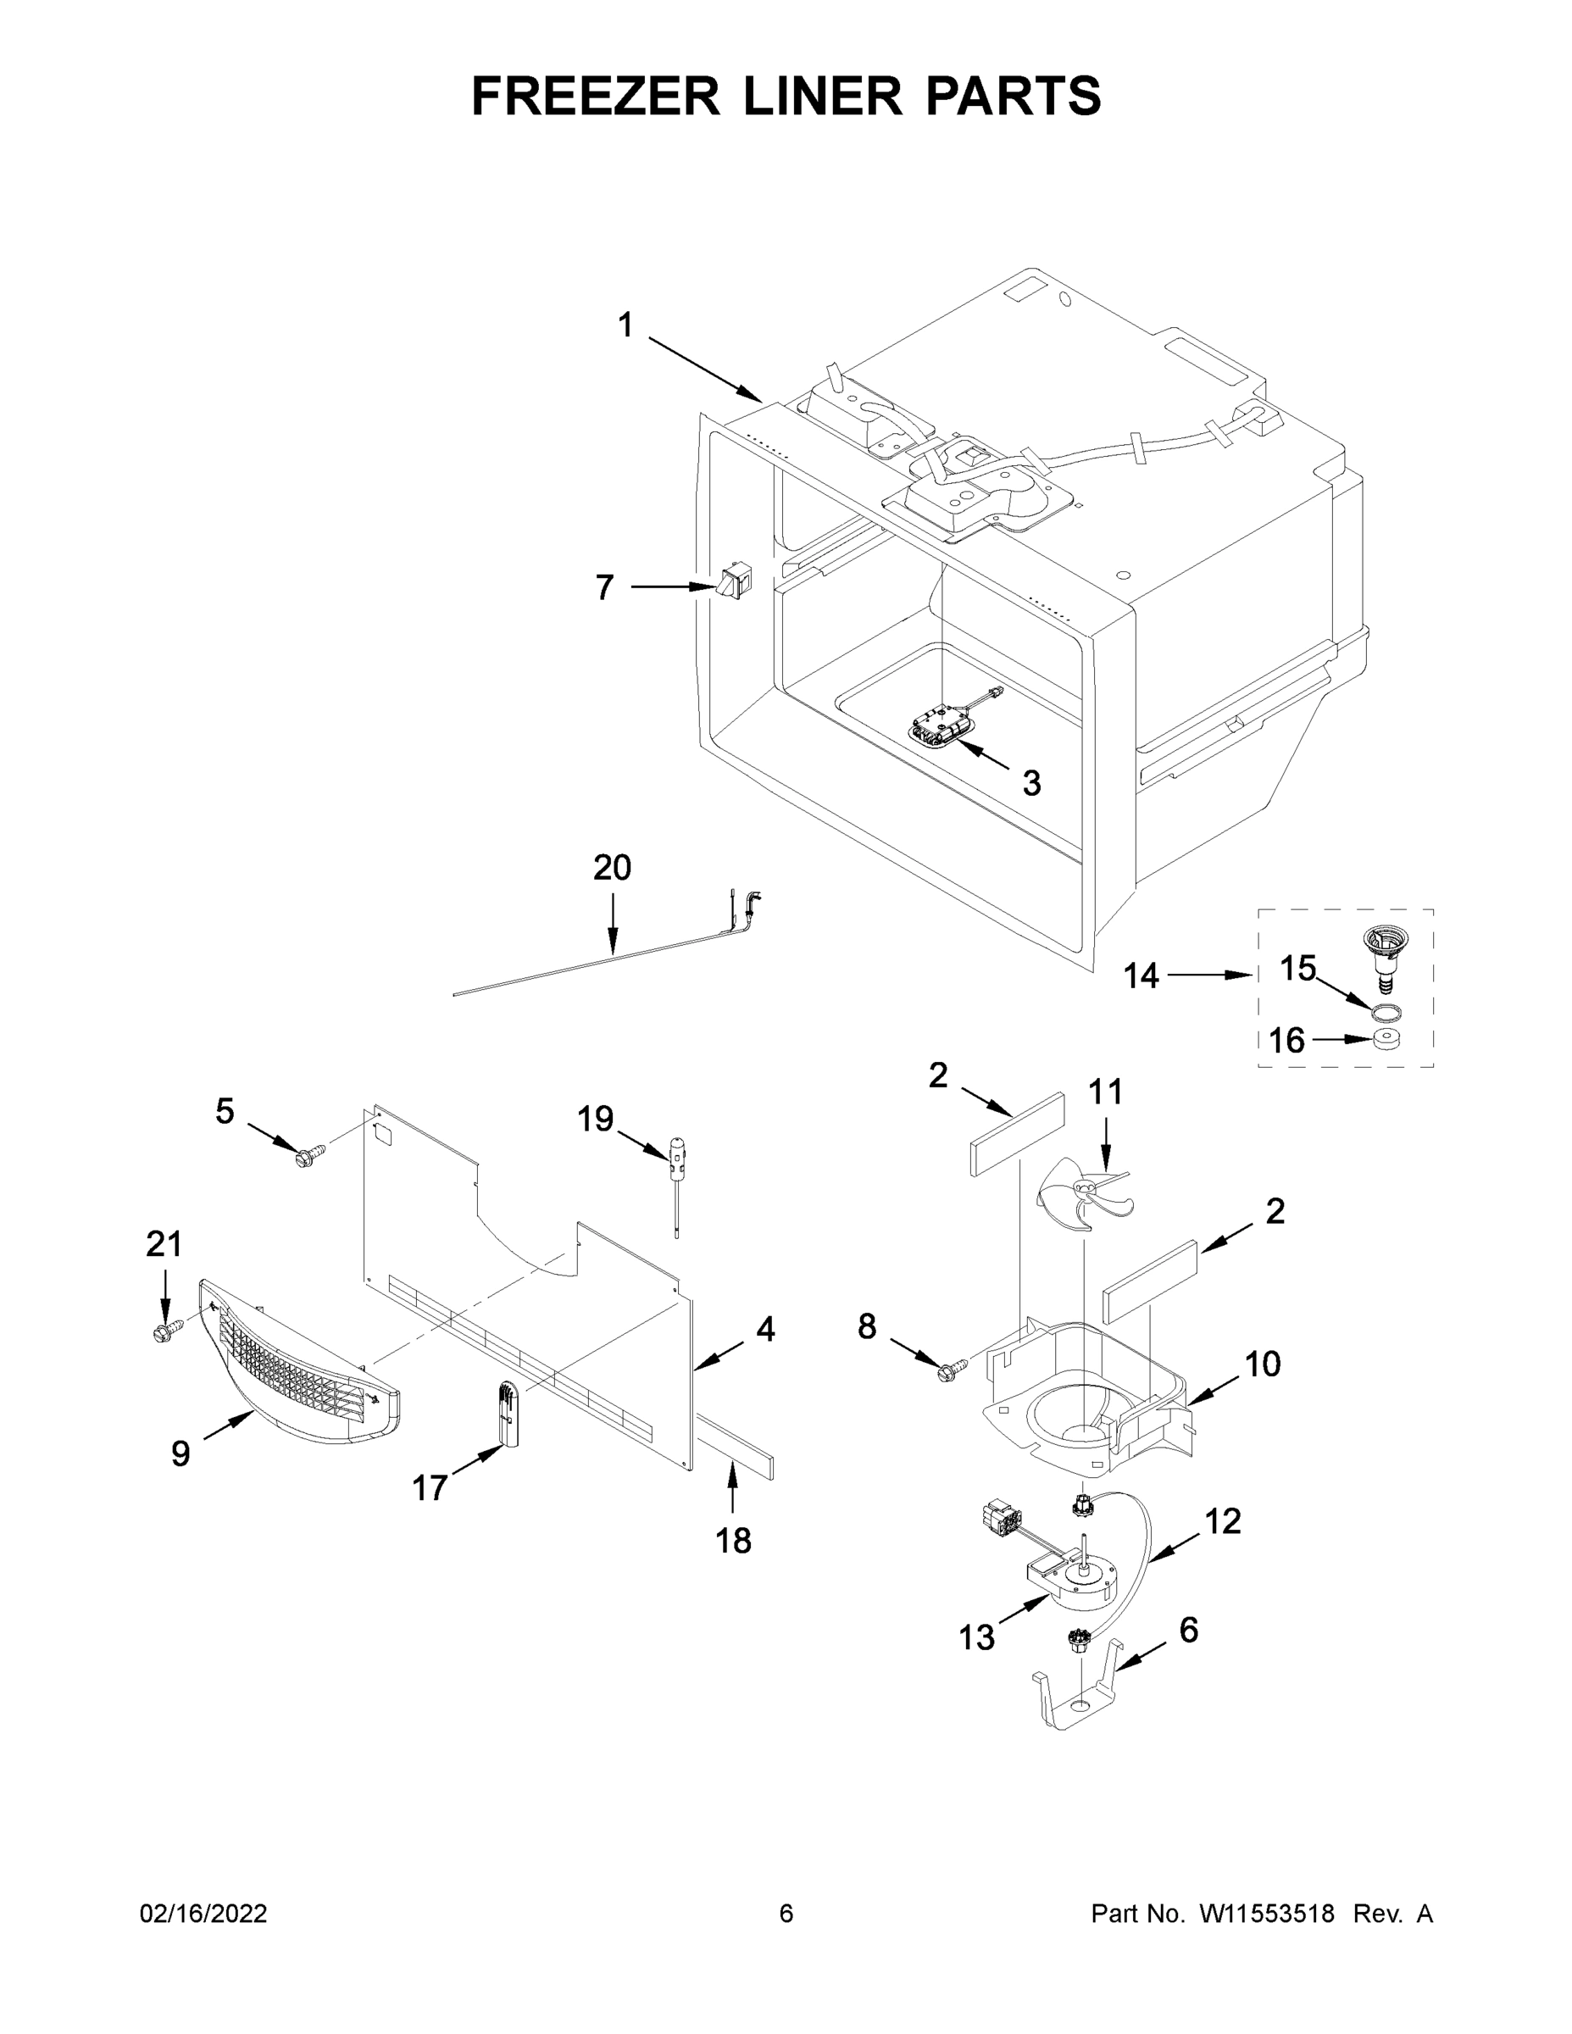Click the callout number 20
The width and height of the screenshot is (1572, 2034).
click(612, 867)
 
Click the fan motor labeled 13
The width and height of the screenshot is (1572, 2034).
click(1071, 1583)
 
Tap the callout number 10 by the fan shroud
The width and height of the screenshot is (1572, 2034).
click(1262, 1364)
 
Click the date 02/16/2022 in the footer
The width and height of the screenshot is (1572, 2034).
click(203, 1914)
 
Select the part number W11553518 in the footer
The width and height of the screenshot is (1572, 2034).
click(1267, 1914)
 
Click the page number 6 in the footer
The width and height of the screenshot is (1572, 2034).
click(786, 1914)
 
